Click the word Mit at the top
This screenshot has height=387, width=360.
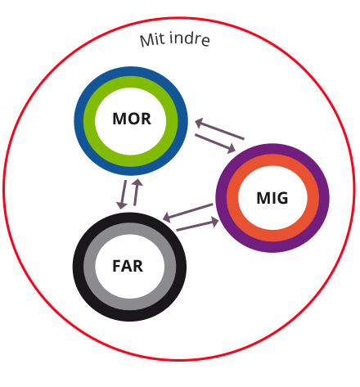[152, 40]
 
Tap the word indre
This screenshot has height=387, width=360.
[190, 38]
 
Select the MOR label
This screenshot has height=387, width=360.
[132, 119]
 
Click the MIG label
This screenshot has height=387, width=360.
[272, 198]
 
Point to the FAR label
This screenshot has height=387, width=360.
[128, 266]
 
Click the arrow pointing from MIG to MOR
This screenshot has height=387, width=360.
[219, 129]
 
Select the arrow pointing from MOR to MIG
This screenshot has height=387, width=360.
[215, 143]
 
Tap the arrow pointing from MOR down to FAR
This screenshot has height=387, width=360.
[123, 195]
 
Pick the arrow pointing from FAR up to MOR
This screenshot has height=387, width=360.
[137, 192]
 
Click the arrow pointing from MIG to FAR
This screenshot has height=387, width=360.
[187, 213]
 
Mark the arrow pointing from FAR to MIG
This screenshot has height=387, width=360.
[197, 224]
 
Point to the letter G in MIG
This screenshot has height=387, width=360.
[282, 198]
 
